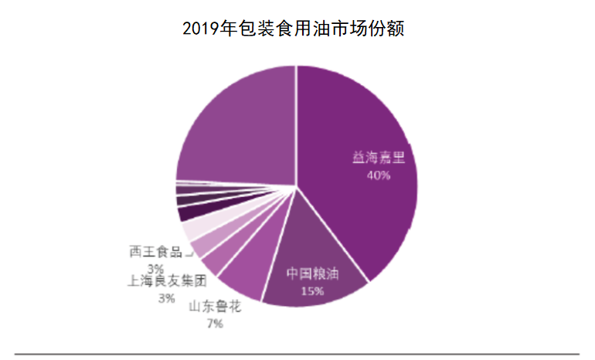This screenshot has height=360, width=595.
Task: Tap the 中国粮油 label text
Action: (313, 274)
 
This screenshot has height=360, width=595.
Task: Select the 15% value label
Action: (313, 291)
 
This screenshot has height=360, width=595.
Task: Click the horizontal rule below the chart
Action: (297, 354)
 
